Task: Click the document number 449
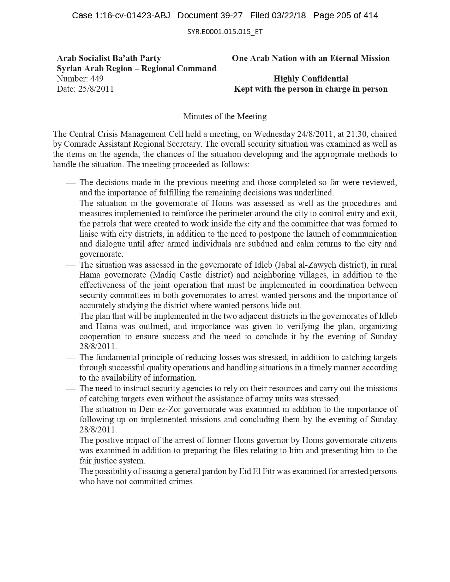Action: pyautogui.click(x=97, y=79)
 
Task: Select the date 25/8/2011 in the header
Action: pyautogui.click(x=96, y=89)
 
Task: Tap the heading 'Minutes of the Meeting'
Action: pyautogui.click(x=225, y=116)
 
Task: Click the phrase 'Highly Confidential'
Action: pyautogui.click(x=311, y=79)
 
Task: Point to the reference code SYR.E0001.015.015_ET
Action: pyautogui.click(x=225, y=32)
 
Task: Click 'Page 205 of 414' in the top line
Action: pyautogui.click(x=346, y=16)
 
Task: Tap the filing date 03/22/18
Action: pyautogui.click(x=288, y=16)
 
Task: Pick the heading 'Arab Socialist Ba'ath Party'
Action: pyautogui.click(x=109, y=59)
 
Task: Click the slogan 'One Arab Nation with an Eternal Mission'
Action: pyautogui.click(x=311, y=59)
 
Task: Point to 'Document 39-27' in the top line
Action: pyautogui.click(x=210, y=16)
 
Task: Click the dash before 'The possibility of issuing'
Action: pyautogui.click(x=71, y=472)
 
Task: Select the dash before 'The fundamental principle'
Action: pyautogui.click(x=71, y=358)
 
